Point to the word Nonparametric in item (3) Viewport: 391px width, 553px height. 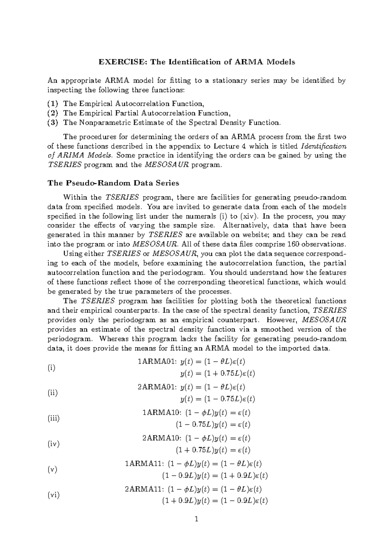[x=103, y=123]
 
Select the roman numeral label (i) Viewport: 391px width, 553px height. [x=51, y=368]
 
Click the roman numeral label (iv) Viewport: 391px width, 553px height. [x=53, y=444]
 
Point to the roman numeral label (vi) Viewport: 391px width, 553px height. [x=53, y=495]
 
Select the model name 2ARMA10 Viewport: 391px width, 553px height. [x=162, y=438]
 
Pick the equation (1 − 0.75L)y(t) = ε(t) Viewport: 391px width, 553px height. [x=213, y=425]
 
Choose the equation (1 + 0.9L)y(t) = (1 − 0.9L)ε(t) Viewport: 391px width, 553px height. [x=215, y=501]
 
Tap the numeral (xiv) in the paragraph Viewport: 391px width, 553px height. [x=249, y=216]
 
